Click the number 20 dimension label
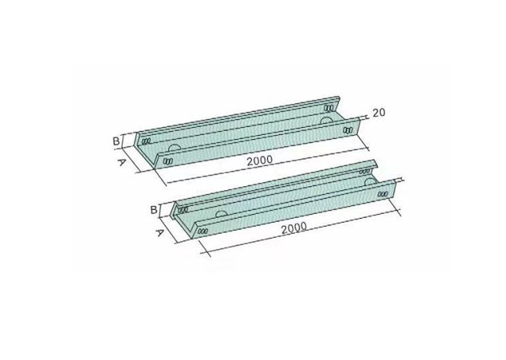[x=379, y=113]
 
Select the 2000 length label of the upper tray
[x=259, y=160]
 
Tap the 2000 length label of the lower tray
[x=294, y=228]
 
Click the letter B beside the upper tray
[x=116, y=141]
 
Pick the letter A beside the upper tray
[x=121, y=163]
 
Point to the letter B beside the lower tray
[x=154, y=210]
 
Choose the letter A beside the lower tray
[x=159, y=232]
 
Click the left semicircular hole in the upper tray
[x=175, y=148]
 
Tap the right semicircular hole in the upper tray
[x=327, y=120]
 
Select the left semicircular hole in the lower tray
[x=221, y=214]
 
